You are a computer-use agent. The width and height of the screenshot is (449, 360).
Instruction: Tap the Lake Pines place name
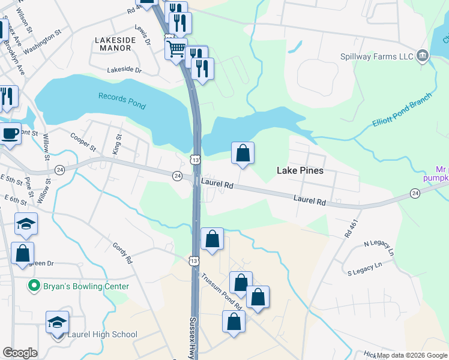point(300,170)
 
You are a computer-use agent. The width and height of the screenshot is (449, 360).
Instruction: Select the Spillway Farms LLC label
point(376,56)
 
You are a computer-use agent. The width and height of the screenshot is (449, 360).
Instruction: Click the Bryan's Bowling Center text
point(86,286)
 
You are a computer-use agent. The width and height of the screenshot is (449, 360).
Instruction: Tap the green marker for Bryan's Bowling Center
point(35,286)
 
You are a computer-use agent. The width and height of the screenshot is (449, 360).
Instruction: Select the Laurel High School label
point(102,334)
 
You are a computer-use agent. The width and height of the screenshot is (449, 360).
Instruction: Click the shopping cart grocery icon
point(176,49)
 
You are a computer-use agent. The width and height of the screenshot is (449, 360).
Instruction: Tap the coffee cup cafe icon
point(9,133)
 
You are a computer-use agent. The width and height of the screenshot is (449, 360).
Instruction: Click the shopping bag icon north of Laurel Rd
point(243,152)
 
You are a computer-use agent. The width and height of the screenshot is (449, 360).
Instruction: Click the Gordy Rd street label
point(122,254)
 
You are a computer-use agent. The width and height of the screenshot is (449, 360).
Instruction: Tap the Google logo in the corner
point(20,353)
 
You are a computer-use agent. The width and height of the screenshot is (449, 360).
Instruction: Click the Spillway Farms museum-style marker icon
point(423,56)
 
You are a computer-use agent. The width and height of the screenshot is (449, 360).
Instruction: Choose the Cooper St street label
point(83,142)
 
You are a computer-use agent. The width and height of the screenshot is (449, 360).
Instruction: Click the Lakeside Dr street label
point(124,70)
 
